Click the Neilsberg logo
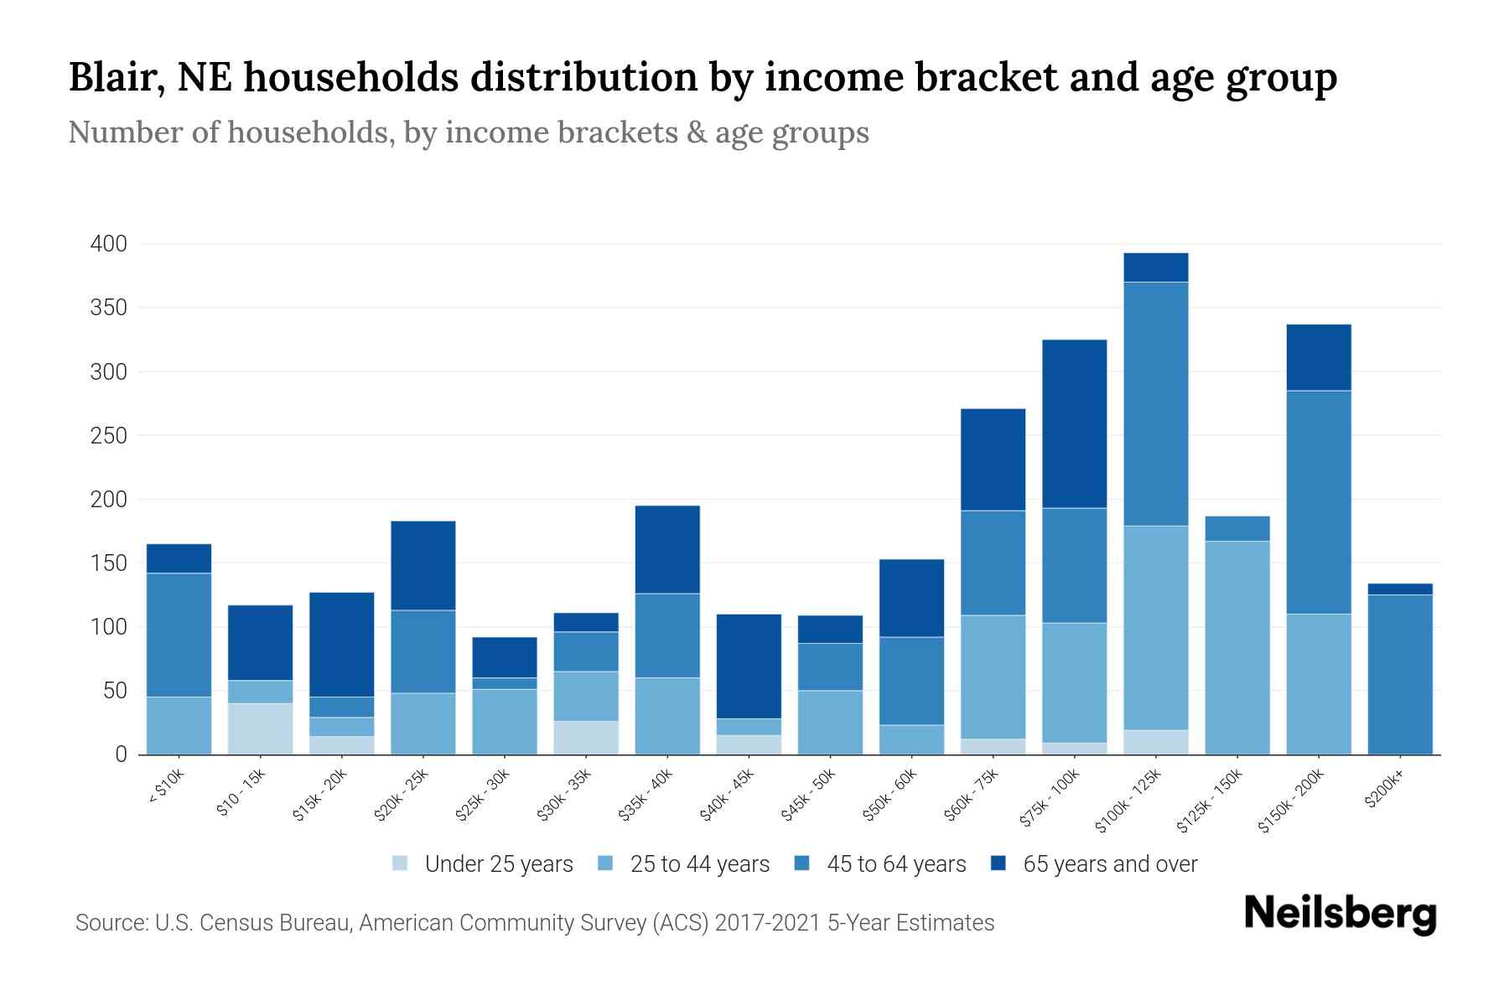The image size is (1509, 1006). click(1340, 914)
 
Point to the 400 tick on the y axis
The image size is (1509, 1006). click(108, 244)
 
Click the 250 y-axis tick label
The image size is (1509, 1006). click(108, 436)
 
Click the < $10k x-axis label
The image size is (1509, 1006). click(166, 788)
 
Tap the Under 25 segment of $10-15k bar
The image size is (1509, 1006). click(260, 729)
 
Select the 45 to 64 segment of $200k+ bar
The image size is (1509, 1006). click(1400, 674)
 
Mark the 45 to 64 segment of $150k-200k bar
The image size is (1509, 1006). click(1319, 502)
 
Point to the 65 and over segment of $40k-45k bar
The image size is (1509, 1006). click(749, 666)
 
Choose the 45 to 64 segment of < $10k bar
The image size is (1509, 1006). click(179, 635)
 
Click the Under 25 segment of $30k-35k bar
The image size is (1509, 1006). click(586, 738)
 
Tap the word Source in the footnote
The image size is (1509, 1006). click(111, 923)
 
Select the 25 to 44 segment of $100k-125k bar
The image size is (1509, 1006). click(1155, 628)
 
